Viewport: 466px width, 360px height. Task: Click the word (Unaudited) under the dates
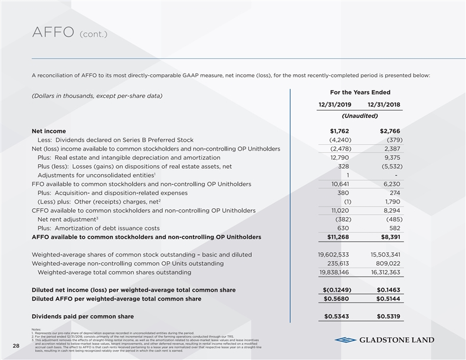(x=360, y=116)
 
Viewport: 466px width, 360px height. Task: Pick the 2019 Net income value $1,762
(x=339, y=131)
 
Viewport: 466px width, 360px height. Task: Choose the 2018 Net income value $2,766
(x=390, y=131)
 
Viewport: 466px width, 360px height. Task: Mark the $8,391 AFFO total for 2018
(x=389, y=238)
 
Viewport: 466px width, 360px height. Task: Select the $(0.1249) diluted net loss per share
(x=334, y=291)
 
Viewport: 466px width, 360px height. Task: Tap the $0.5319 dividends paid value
(x=387, y=317)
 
